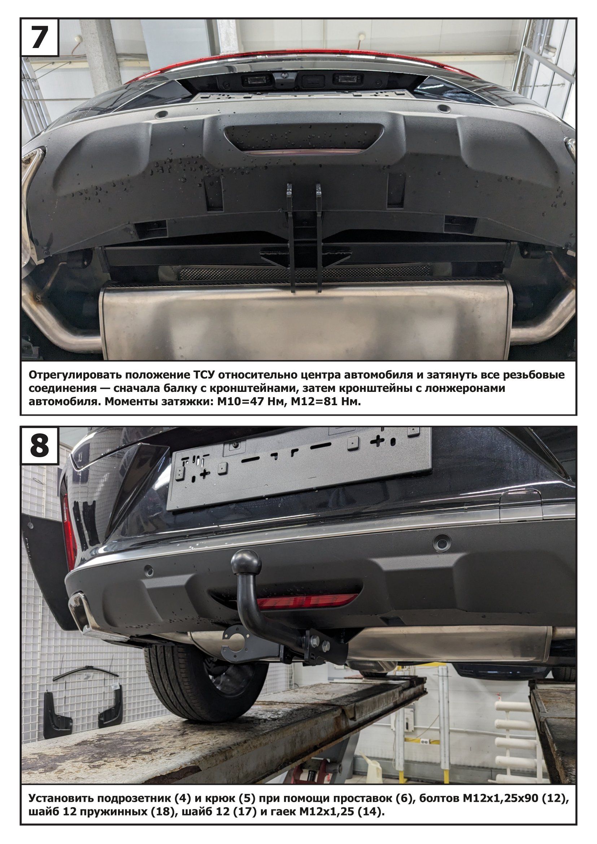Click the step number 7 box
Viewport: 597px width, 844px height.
tap(40, 37)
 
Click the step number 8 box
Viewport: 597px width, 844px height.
tap(40, 446)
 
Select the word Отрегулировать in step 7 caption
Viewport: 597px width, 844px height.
tap(74, 375)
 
